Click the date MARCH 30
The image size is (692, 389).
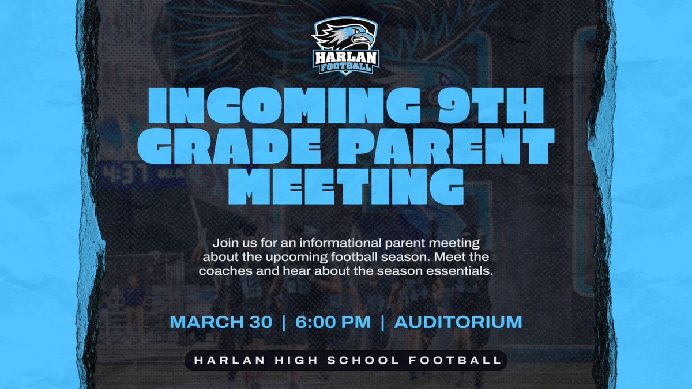(x=221, y=322)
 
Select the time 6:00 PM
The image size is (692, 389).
(x=333, y=322)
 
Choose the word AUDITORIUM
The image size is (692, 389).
(x=458, y=322)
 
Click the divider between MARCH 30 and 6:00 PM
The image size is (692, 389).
(x=283, y=322)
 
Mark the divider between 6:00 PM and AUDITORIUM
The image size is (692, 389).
(x=382, y=322)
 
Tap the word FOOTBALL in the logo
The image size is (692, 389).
(x=346, y=67)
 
